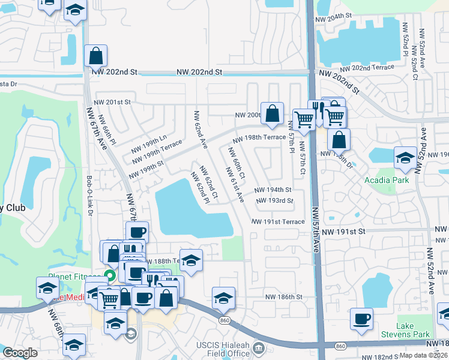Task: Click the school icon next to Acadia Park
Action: tap(405, 158)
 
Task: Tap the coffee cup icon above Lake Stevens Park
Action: tap(361, 319)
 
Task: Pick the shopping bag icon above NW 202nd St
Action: tap(95, 56)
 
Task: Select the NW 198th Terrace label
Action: tap(259, 137)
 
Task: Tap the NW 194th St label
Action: tap(273, 190)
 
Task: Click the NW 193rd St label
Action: tap(274, 201)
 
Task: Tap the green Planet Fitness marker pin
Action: tap(109, 276)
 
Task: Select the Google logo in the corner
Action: tap(20, 353)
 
